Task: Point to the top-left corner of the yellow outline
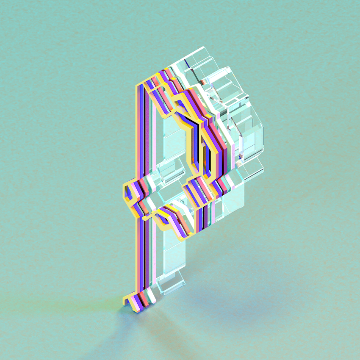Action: tap(136, 86)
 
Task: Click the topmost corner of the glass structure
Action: tap(203, 47)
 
